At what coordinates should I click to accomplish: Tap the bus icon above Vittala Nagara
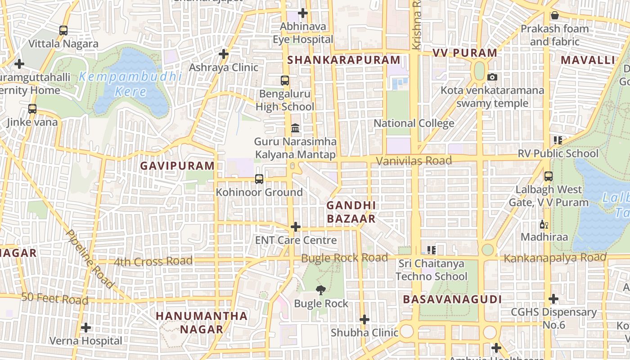pyautogui.click(x=63, y=31)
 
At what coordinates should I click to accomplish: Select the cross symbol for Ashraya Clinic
pyautogui.click(x=224, y=54)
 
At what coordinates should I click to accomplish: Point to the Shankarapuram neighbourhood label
pyautogui.click(x=344, y=60)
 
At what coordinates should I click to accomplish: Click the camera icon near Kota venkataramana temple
pyautogui.click(x=492, y=77)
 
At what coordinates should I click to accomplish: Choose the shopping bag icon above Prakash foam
pyautogui.click(x=555, y=16)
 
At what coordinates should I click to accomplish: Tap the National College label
pyautogui.click(x=414, y=123)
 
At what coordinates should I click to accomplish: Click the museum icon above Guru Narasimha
pyautogui.click(x=295, y=129)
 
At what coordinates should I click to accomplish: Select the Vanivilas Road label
pyautogui.click(x=414, y=161)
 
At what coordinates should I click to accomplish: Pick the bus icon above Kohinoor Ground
pyautogui.click(x=259, y=179)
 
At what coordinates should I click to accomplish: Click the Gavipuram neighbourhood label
pyautogui.click(x=177, y=166)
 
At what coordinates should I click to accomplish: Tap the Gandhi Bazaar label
pyautogui.click(x=351, y=212)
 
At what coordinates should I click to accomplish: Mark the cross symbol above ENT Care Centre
pyautogui.click(x=296, y=227)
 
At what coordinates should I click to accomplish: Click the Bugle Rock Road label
pyautogui.click(x=344, y=258)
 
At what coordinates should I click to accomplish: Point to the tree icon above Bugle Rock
pyautogui.click(x=321, y=290)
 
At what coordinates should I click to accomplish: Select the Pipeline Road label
pyautogui.click(x=90, y=259)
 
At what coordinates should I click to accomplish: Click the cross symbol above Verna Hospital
pyautogui.click(x=86, y=328)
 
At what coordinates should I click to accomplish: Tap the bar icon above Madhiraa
pyautogui.click(x=544, y=224)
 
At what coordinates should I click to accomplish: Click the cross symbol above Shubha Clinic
pyautogui.click(x=364, y=320)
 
